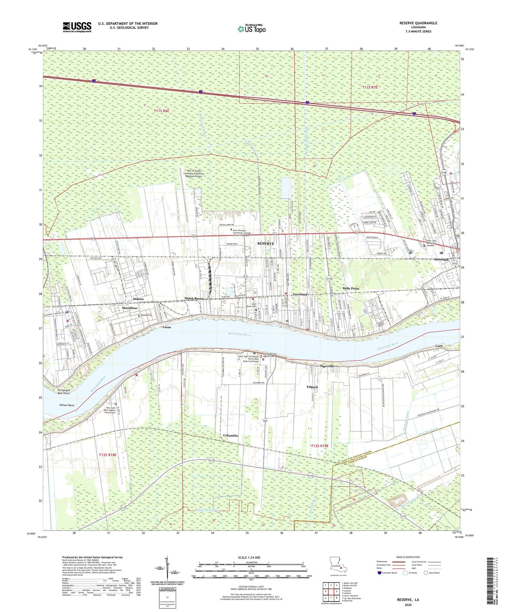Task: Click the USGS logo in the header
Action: click(x=77, y=27)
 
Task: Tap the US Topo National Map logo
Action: click(x=251, y=29)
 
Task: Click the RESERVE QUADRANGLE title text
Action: click(x=418, y=23)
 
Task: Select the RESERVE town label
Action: click(x=266, y=243)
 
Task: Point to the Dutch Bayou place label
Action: click(x=194, y=298)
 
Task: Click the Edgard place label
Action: click(x=312, y=387)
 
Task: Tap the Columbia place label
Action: click(x=230, y=435)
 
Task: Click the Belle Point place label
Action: click(x=351, y=288)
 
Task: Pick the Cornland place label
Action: click(x=300, y=294)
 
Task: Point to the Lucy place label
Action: click(x=439, y=346)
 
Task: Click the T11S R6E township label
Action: click(x=161, y=111)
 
